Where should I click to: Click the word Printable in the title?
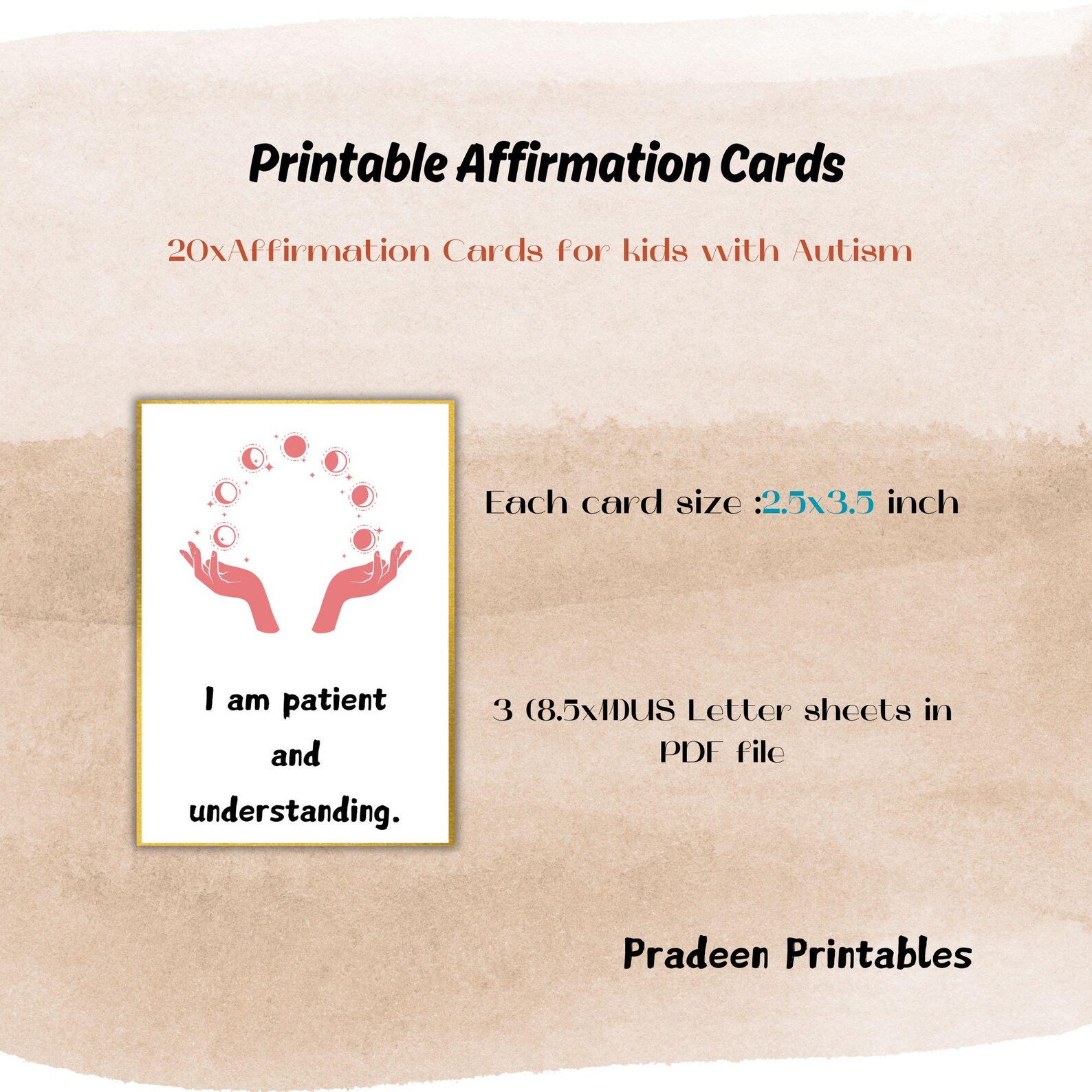click(348, 165)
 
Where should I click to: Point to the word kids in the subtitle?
click(655, 251)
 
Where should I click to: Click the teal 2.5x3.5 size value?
click(818, 503)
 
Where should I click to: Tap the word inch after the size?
click(923, 503)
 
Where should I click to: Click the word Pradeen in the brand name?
click(695, 954)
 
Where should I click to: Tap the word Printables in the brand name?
click(878, 954)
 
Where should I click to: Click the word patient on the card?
click(334, 701)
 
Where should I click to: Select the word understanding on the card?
click(294, 811)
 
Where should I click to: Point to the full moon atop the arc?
click(294, 447)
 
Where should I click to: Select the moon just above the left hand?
click(224, 536)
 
